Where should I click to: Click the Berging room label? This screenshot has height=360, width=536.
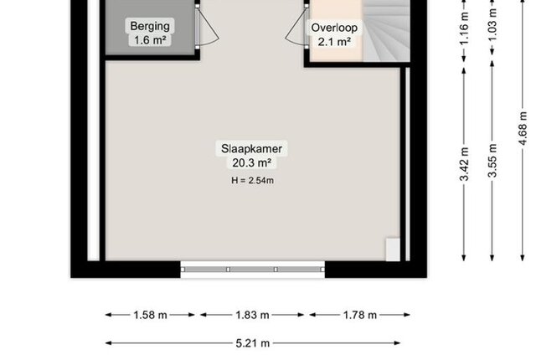pos(150,26)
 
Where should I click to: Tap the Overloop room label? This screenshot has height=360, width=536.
pos(334,28)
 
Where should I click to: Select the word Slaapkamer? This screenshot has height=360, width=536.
pos(251,148)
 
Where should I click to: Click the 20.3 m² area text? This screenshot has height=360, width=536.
pos(252,163)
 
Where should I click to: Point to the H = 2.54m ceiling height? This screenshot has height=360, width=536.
pos(252,180)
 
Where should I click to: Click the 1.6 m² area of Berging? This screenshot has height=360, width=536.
pos(150,40)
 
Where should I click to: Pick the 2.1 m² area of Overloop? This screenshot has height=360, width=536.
pos(334,42)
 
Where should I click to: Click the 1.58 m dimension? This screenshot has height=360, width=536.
pos(150,315)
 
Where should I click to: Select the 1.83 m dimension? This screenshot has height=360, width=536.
pos(252,315)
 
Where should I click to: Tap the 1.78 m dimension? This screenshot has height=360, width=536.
pos(359,315)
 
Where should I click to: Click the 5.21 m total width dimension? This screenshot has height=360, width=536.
pos(253,343)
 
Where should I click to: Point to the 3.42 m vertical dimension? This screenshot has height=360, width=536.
pos(464,164)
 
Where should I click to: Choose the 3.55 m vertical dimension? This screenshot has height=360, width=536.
pos(492,161)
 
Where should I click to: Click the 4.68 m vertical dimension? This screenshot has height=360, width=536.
pos(523,128)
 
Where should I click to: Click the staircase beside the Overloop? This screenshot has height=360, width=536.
pos(386,31)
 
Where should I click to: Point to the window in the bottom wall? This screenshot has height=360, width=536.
pos(253,270)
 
